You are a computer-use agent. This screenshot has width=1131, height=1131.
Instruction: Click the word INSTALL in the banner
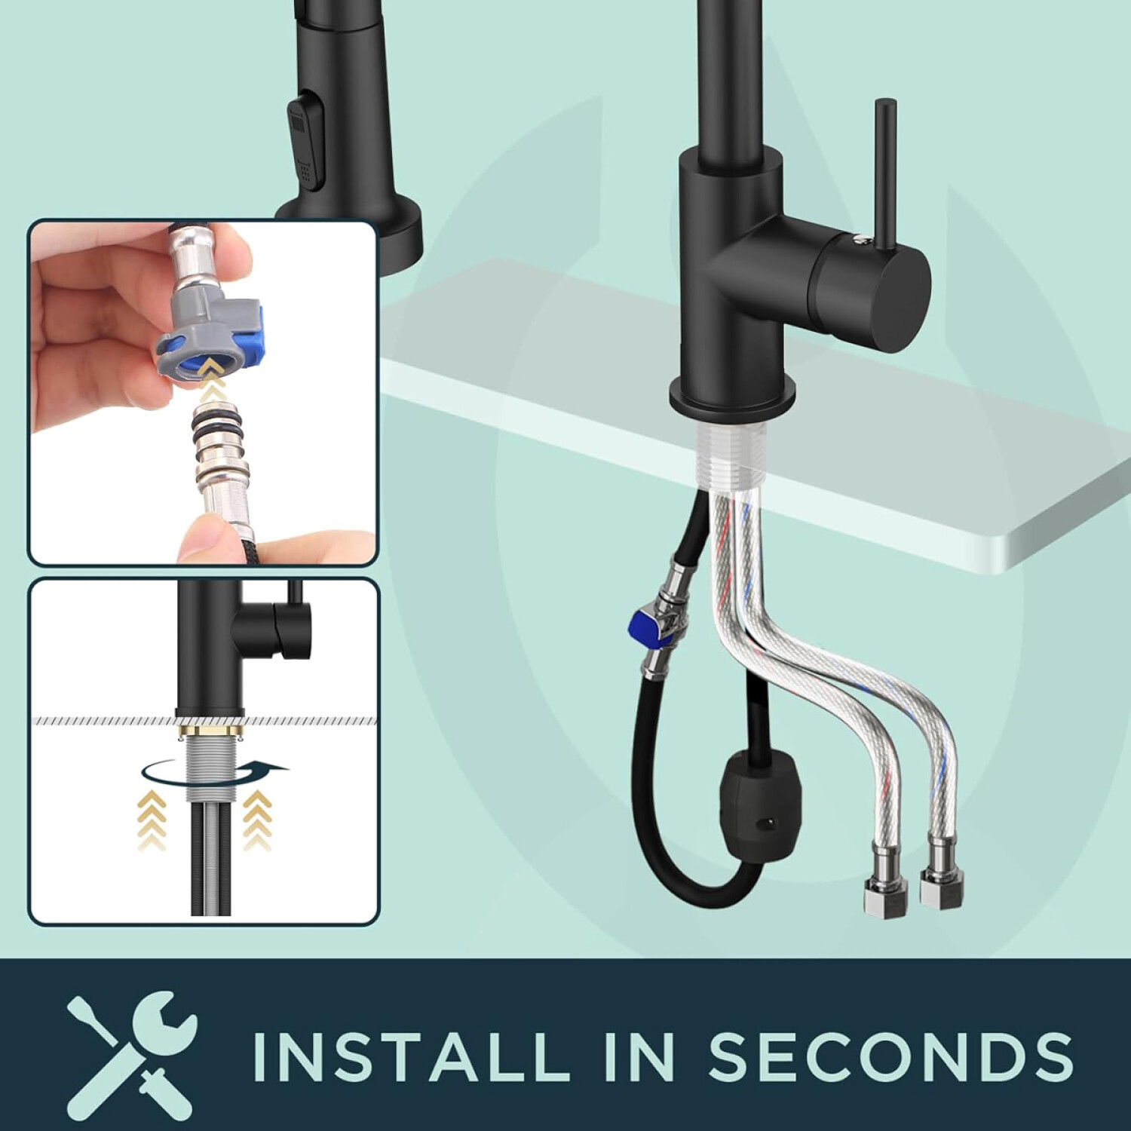411,1056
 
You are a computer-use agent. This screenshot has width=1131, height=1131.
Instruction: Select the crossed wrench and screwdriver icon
133,1054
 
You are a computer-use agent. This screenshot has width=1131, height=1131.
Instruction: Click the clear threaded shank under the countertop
731,452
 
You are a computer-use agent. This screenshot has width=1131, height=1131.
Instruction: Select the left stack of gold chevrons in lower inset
153,820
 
